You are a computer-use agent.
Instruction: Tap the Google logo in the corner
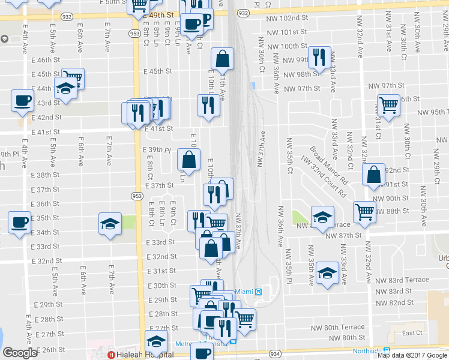[20, 353]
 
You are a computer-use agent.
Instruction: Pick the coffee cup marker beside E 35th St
[19, 222]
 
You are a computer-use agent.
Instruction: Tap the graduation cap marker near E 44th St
[65, 89]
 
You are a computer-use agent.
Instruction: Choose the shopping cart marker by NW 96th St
[388, 106]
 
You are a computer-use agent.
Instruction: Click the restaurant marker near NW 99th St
[319, 57]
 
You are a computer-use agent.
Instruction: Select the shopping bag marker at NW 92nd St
[373, 175]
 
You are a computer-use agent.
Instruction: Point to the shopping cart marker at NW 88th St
[364, 211]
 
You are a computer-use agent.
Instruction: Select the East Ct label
[412, 332]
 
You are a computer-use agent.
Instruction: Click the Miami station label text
[244, 292]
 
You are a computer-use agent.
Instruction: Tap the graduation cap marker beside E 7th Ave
[110, 224]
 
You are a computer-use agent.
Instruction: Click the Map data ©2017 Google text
[412, 355]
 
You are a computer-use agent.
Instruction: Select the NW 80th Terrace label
[337, 328]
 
